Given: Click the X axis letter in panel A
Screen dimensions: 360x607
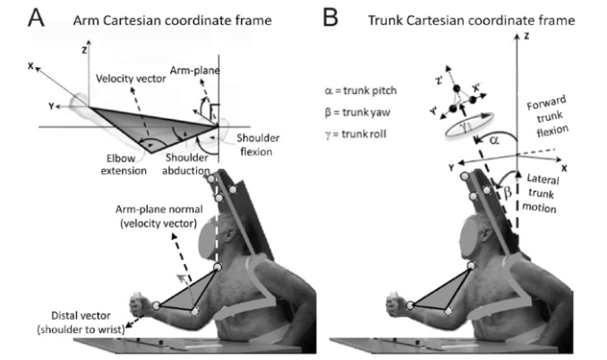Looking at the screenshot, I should pyautogui.click(x=31, y=65).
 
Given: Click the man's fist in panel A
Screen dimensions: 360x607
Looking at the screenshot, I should pyautogui.click(x=139, y=302).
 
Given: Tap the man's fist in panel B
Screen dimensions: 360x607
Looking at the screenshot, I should pyautogui.click(x=393, y=302).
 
